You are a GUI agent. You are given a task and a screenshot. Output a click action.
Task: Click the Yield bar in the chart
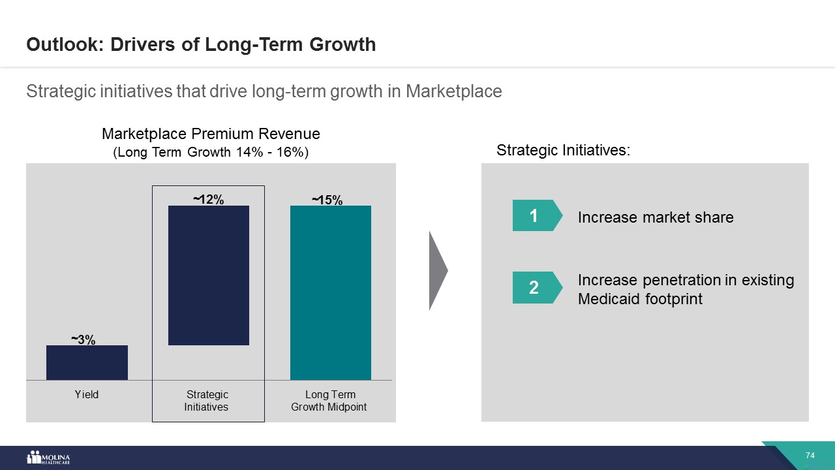pyautogui.click(x=87, y=362)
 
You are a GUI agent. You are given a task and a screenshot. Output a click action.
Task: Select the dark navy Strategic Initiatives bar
pyautogui.click(x=209, y=275)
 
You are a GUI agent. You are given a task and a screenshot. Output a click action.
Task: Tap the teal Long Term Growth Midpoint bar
pyautogui.click(x=331, y=292)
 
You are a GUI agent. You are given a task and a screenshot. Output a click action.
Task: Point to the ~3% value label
pyautogui.click(x=83, y=339)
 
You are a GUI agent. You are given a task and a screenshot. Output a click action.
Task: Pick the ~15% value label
pyautogui.click(x=327, y=200)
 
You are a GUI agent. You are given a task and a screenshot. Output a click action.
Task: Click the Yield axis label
pyautogui.click(x=87, y=394)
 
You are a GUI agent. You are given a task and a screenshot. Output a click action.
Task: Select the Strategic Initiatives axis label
pyautogui.click(x=207, y=401)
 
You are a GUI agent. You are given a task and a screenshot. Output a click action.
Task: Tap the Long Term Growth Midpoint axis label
pyautogui.click(x=329, y=401)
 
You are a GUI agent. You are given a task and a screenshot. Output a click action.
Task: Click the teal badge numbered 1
pyautogui.click(x=534, y=215)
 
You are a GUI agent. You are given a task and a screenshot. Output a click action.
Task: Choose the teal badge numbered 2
pyautogui.click(x=534, y=287)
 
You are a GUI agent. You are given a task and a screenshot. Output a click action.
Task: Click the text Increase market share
pyautogui.click(x=656, y=217)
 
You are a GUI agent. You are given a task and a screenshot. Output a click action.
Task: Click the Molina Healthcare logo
pyautogui.click(x=48, y=458)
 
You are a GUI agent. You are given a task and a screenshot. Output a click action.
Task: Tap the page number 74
pyautogui.click(x=811, y=455)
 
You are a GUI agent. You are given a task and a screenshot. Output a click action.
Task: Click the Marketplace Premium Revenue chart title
pyautogui.click(x=211, y=134)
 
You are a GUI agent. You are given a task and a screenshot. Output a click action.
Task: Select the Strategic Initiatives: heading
pyautogui.click(x=564, y=150)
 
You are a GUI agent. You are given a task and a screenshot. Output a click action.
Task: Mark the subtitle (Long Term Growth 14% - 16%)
pyautogui.click(x=211, y=153)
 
